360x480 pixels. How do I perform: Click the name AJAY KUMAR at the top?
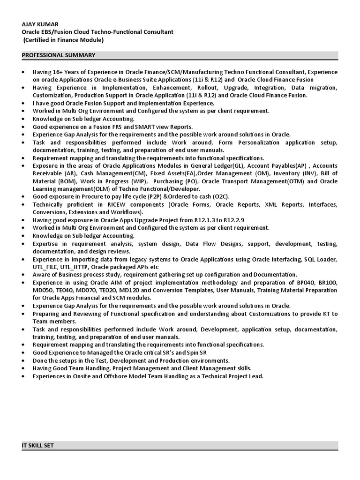(41, 24)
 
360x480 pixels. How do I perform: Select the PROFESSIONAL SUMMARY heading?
(59, 55)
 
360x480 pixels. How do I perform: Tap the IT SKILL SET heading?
(38, 445)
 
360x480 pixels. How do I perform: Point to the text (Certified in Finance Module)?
(64, 40)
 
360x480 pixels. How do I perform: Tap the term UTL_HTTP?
(71, 267)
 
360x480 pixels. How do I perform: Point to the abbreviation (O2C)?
(218, 196)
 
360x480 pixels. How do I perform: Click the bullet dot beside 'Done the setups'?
(24, 361)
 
